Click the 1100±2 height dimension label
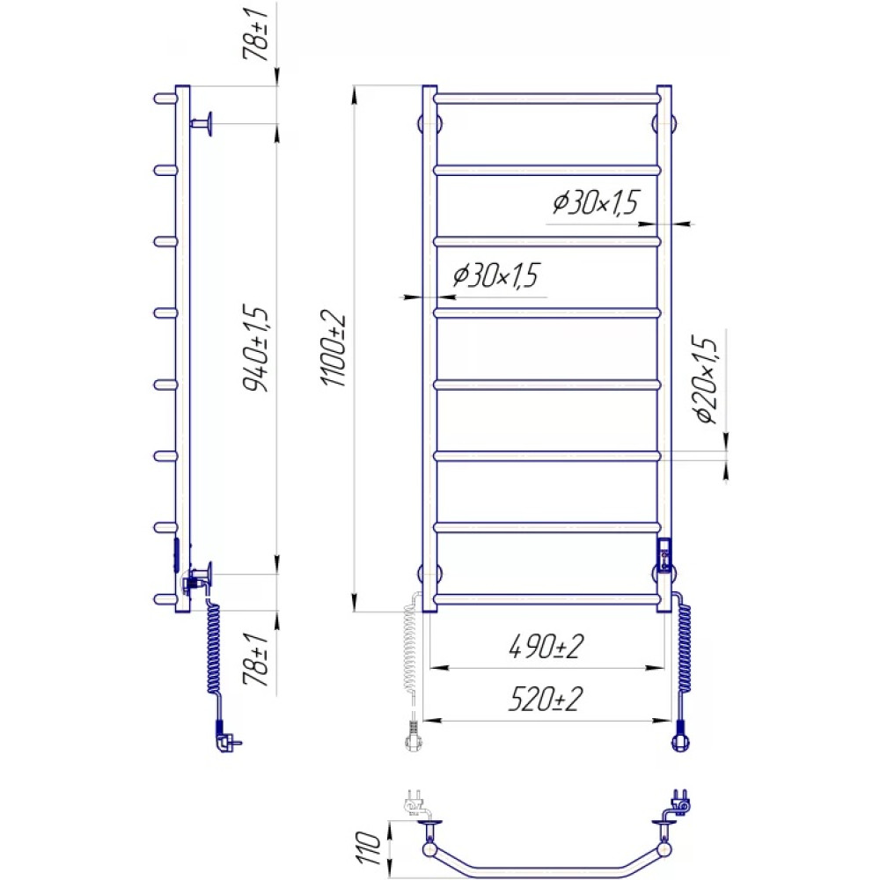tap(334, 348)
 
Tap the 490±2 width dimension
tap(546, 646)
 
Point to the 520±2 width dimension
tap(546, 699)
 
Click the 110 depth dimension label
tap(368, 848)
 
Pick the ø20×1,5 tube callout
tap(706, 379)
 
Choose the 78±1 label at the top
tap(256, 34)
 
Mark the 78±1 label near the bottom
tap(256, 660)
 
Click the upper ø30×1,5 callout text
tap(596, 202)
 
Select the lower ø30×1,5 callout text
tap(495, 275)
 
